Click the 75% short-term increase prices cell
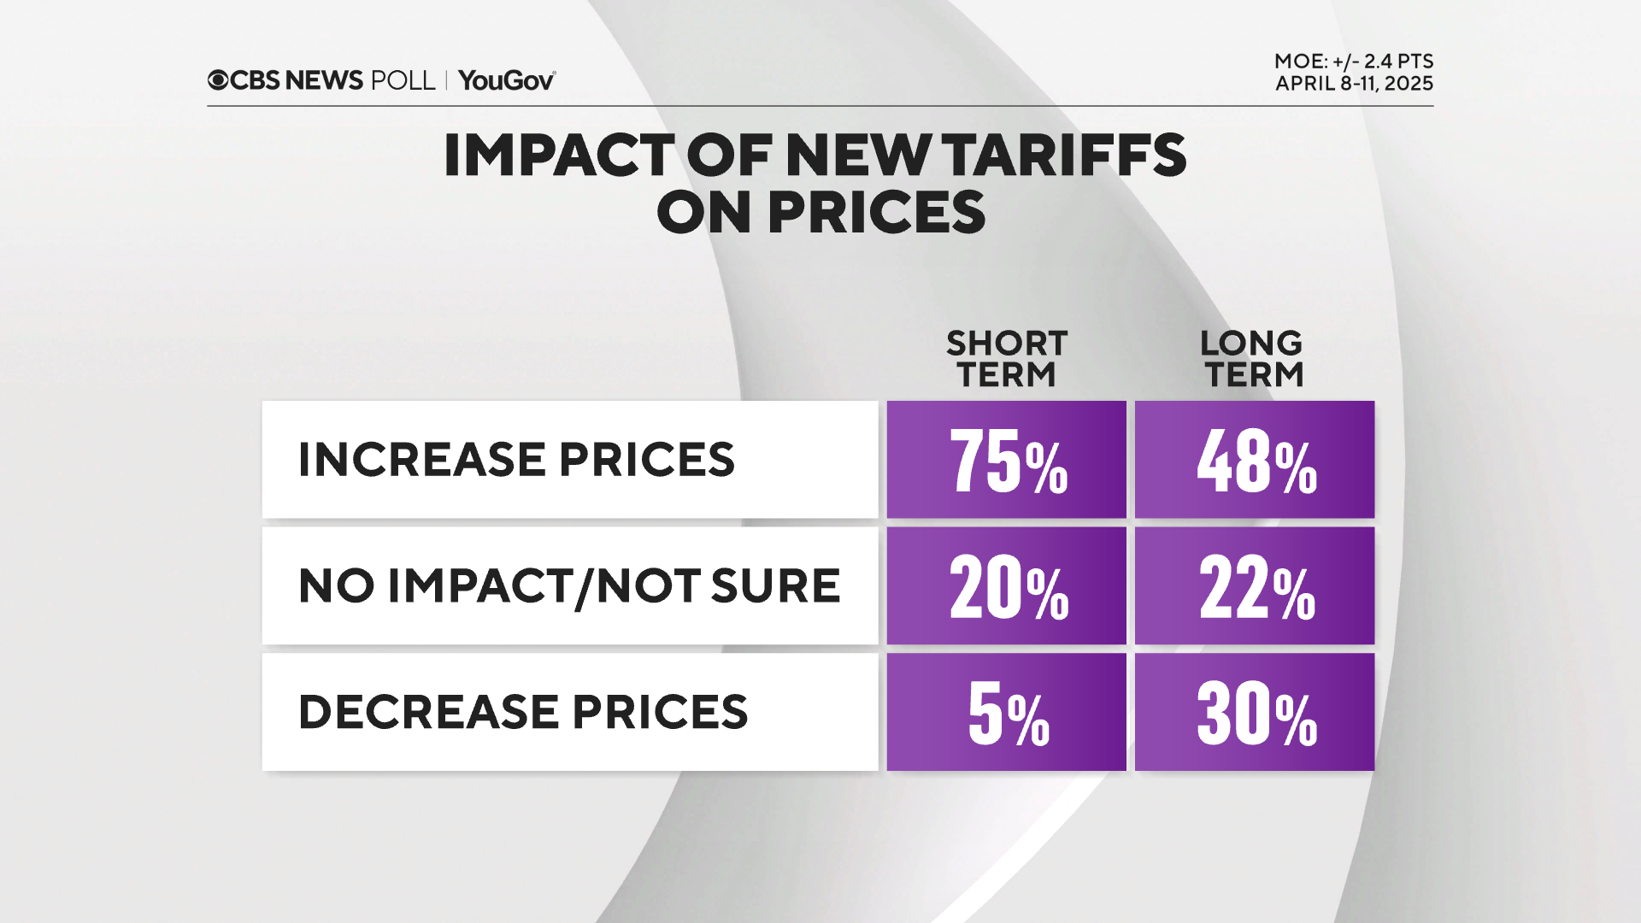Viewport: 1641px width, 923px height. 1006,460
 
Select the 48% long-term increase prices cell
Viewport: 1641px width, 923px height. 1254,460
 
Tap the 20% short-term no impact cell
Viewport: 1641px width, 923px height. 1006,585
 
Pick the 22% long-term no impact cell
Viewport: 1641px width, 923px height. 1254,585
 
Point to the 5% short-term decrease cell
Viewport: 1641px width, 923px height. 1006,712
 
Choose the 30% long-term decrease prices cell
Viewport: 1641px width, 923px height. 1254,712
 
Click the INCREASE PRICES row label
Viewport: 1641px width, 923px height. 516,460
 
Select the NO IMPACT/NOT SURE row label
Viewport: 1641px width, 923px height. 569,585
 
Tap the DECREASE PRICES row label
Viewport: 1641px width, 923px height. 523,712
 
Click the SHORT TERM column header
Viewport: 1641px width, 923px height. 1006,359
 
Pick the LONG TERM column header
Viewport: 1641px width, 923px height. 1252,359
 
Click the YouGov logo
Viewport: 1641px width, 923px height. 507,80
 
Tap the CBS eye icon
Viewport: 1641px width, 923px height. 218,80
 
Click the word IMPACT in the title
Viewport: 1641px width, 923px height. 559,156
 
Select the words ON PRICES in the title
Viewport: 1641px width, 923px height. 820,213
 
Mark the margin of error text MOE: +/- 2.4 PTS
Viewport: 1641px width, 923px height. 1353,62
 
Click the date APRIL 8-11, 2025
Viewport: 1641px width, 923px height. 1354,84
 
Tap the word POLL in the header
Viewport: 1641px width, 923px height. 403,80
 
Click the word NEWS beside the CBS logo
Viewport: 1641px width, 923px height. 324,80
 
